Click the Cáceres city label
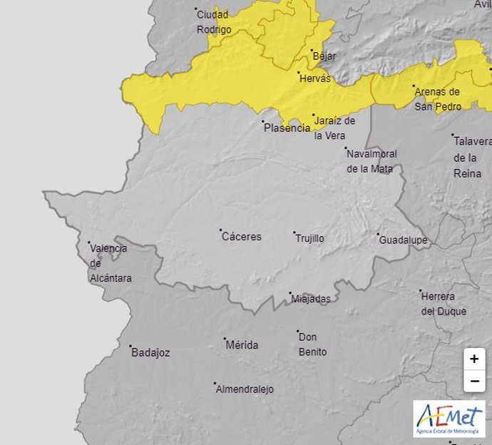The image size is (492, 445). click(242, 237)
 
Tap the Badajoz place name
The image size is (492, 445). click(150, 352)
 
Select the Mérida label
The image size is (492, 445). click(242, 345)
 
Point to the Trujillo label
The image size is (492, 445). click(309, 238)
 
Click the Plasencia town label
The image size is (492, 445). click(287, 128)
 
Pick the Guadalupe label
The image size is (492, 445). click(403, 240)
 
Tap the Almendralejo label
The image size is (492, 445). click(244, 389)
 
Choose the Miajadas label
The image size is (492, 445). click(311, 300)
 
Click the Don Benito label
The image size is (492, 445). click(312, 344)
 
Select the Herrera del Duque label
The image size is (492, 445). click(443, 304)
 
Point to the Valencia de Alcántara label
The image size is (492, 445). click(110, 263)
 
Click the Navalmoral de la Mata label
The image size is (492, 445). click(371, 161)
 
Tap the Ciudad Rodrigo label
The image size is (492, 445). click(214, 22)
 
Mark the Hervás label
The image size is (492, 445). click(317, 78)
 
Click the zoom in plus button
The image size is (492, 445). click(474, 359)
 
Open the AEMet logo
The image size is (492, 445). click(449, 419)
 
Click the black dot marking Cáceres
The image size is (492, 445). click(220, 230)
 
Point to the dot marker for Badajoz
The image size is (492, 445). click(131, 347)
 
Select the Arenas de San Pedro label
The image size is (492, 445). click(438, 99)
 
